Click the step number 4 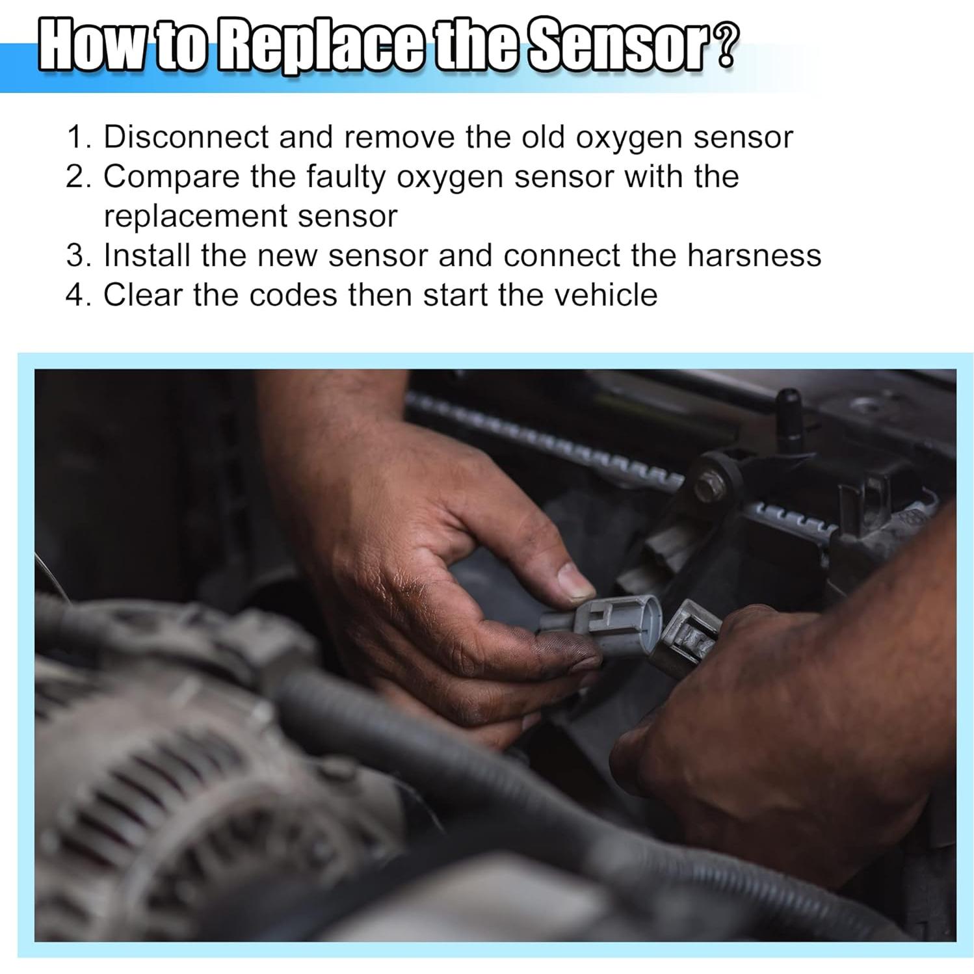[x=78, y=295]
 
